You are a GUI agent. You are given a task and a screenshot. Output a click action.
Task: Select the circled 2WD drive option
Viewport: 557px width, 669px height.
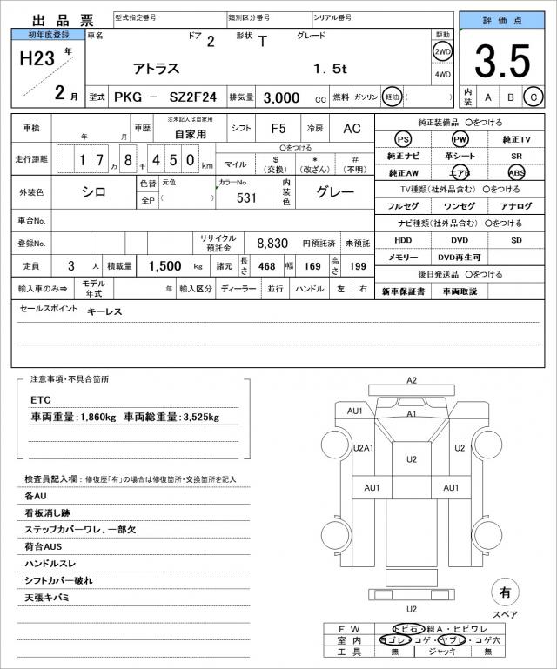click(442, 50)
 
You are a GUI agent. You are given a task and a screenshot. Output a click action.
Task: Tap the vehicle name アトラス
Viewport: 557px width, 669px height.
click(157, 68)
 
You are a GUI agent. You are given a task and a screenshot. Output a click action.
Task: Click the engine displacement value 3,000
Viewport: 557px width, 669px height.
click(282, 98)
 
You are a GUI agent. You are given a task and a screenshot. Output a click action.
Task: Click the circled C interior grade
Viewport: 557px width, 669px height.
click(534, 97)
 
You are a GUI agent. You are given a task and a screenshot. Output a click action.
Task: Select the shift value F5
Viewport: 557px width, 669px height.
click(278, 128)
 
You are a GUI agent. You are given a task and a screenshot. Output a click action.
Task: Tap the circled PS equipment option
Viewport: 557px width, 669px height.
click(403, 139)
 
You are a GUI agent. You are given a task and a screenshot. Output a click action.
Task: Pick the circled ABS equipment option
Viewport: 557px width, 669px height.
click(517, 172)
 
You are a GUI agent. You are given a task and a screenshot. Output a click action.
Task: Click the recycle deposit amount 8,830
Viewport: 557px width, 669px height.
click(272, 243)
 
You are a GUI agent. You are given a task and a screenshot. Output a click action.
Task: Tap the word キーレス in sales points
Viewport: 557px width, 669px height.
click(104, 311)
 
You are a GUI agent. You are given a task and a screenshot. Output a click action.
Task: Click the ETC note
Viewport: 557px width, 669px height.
click(41, 399)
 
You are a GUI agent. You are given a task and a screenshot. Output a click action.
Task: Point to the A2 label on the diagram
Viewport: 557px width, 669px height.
click(412, 380)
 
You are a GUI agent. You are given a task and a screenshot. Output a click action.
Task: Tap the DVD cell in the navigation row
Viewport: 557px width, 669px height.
click(459, 239)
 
